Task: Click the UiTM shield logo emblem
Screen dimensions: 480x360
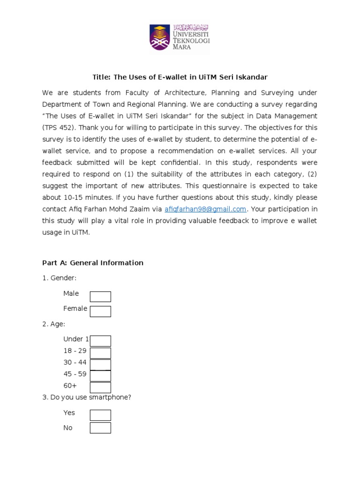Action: tap(161, 37)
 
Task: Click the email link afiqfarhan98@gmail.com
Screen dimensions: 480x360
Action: tap(205, 209)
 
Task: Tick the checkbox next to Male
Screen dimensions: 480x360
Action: tap(100, 297)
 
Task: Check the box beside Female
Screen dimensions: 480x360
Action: tap(100, 311)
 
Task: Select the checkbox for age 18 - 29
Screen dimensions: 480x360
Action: tap(100, 353)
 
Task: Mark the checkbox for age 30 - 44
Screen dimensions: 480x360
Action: tap(100, 365)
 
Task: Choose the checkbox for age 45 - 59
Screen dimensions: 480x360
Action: tap(100, 376)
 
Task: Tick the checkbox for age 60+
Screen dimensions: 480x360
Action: tap(100, 388)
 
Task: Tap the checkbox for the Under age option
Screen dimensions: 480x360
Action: tap(100, 341)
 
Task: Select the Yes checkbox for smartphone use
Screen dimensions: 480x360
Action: tap(100, 415)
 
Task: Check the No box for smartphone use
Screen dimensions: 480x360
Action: tap(100, 428)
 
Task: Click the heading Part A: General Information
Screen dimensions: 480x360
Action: tap(93, 263)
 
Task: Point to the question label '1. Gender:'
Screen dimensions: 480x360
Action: tap(59, 278)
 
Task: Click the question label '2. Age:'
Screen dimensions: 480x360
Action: tap(54, 324)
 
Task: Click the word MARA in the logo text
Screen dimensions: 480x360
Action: tap(182, 47)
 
